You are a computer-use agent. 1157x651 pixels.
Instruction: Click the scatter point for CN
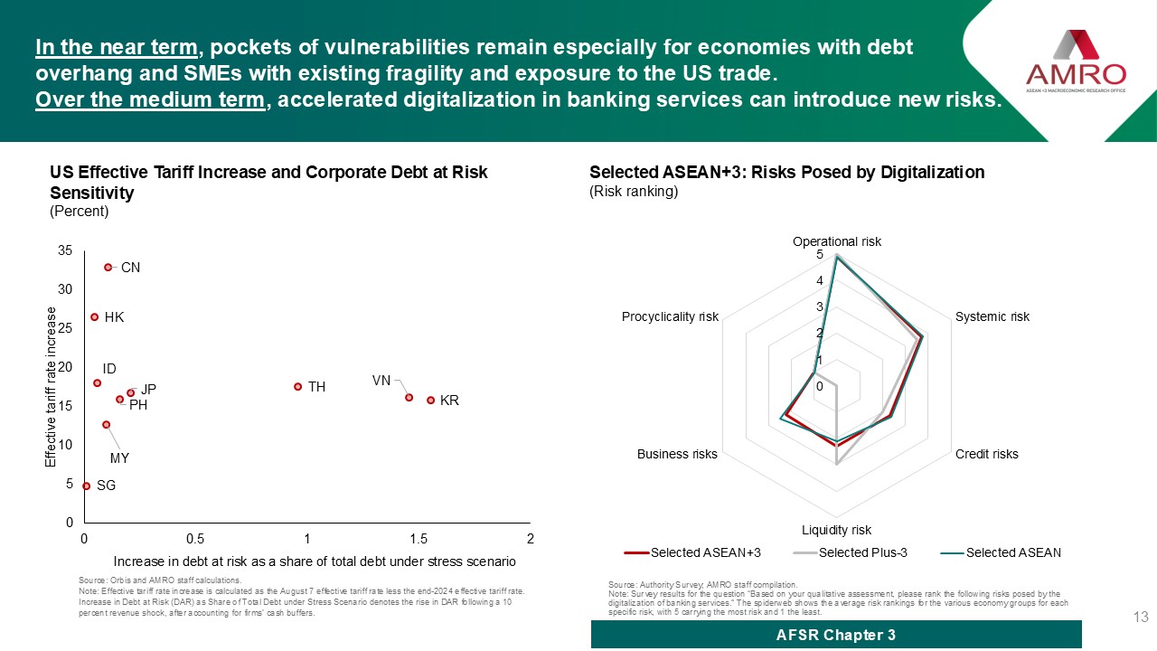[108, 268]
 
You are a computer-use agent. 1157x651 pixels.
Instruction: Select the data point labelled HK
[94, 317]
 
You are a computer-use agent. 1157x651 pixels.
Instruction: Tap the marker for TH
[297, 387]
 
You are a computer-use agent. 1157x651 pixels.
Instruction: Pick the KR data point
[430, 400]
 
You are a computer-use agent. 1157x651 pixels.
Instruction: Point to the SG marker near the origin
[86, 486]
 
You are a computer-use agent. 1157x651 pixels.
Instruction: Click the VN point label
[381, 381]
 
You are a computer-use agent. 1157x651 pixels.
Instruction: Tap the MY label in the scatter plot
[119, 458]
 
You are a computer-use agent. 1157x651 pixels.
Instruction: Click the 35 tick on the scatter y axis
[64, 250]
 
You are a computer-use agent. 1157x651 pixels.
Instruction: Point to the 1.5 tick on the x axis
[419, 539]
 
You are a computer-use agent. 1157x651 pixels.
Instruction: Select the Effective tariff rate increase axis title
[52, 387]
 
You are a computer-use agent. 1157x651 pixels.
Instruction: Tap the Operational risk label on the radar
[836, 241]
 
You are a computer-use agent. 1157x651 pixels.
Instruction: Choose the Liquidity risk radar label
[836, 530]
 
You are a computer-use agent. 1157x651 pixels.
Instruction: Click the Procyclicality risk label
[670, 316]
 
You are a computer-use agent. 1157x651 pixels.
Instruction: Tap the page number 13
[1140, 618]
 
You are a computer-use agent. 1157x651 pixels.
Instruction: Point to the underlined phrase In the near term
[117, 47]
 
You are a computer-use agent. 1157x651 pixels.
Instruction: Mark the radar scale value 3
[819, 307]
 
